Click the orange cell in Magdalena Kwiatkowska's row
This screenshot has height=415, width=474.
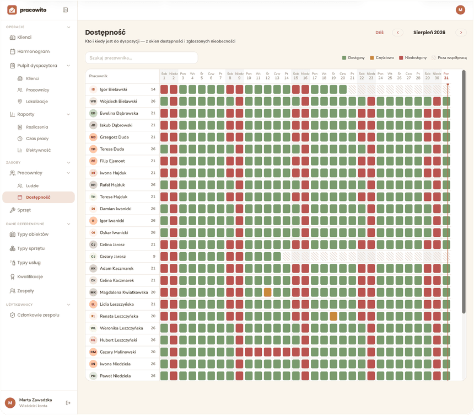click(x=267, y=292)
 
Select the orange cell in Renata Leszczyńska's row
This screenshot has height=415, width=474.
click(x=333, y=316)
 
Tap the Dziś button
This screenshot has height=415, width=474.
click(x=379, y=33)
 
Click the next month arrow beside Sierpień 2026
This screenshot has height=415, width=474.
click(x=461, y=33)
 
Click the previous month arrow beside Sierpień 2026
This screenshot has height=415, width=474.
click(x=398, y=33)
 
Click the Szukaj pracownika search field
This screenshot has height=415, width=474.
click(x=142, y=58)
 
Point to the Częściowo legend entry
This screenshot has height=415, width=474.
click(x=382, y=58)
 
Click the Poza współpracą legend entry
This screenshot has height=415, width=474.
click(x=449, y=58)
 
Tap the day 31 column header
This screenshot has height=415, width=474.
click(x=446, y=76)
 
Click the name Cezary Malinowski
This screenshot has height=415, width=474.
click(x=118, y=352)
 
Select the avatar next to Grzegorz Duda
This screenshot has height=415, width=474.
click(x=93, y=137)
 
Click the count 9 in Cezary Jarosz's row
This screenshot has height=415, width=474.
click(x=154, y=257)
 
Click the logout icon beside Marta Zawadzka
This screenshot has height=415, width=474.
click(x=68, y=403)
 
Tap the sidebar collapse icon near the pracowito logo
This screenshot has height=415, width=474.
click(x=65, y=10)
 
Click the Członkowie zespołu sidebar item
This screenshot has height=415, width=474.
click(x=35, y=315)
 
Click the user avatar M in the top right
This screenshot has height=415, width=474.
click(x=460, y=10)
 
